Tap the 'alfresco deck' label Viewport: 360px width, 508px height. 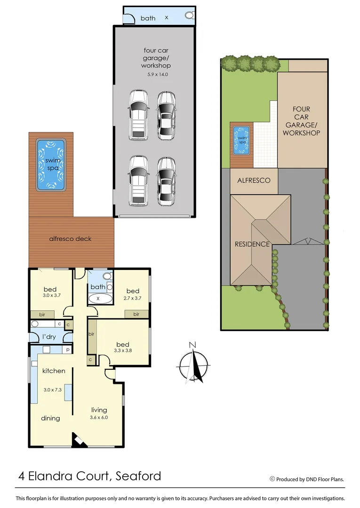[70, 238]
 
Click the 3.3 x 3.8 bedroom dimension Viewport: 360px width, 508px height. [123, 350]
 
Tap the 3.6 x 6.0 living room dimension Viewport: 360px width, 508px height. [99, 417]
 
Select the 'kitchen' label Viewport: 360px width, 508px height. [54, 371]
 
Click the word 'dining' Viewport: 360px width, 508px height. [50, 418]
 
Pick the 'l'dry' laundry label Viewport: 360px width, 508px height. [47, 337]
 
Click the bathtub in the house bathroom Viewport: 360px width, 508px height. [100, 298]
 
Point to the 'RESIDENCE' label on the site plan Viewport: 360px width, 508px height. [252, 244]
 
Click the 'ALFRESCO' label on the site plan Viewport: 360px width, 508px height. [253, 180]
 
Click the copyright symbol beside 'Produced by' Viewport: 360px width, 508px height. [272, 479]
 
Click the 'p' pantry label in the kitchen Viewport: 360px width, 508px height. [68, 349]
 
